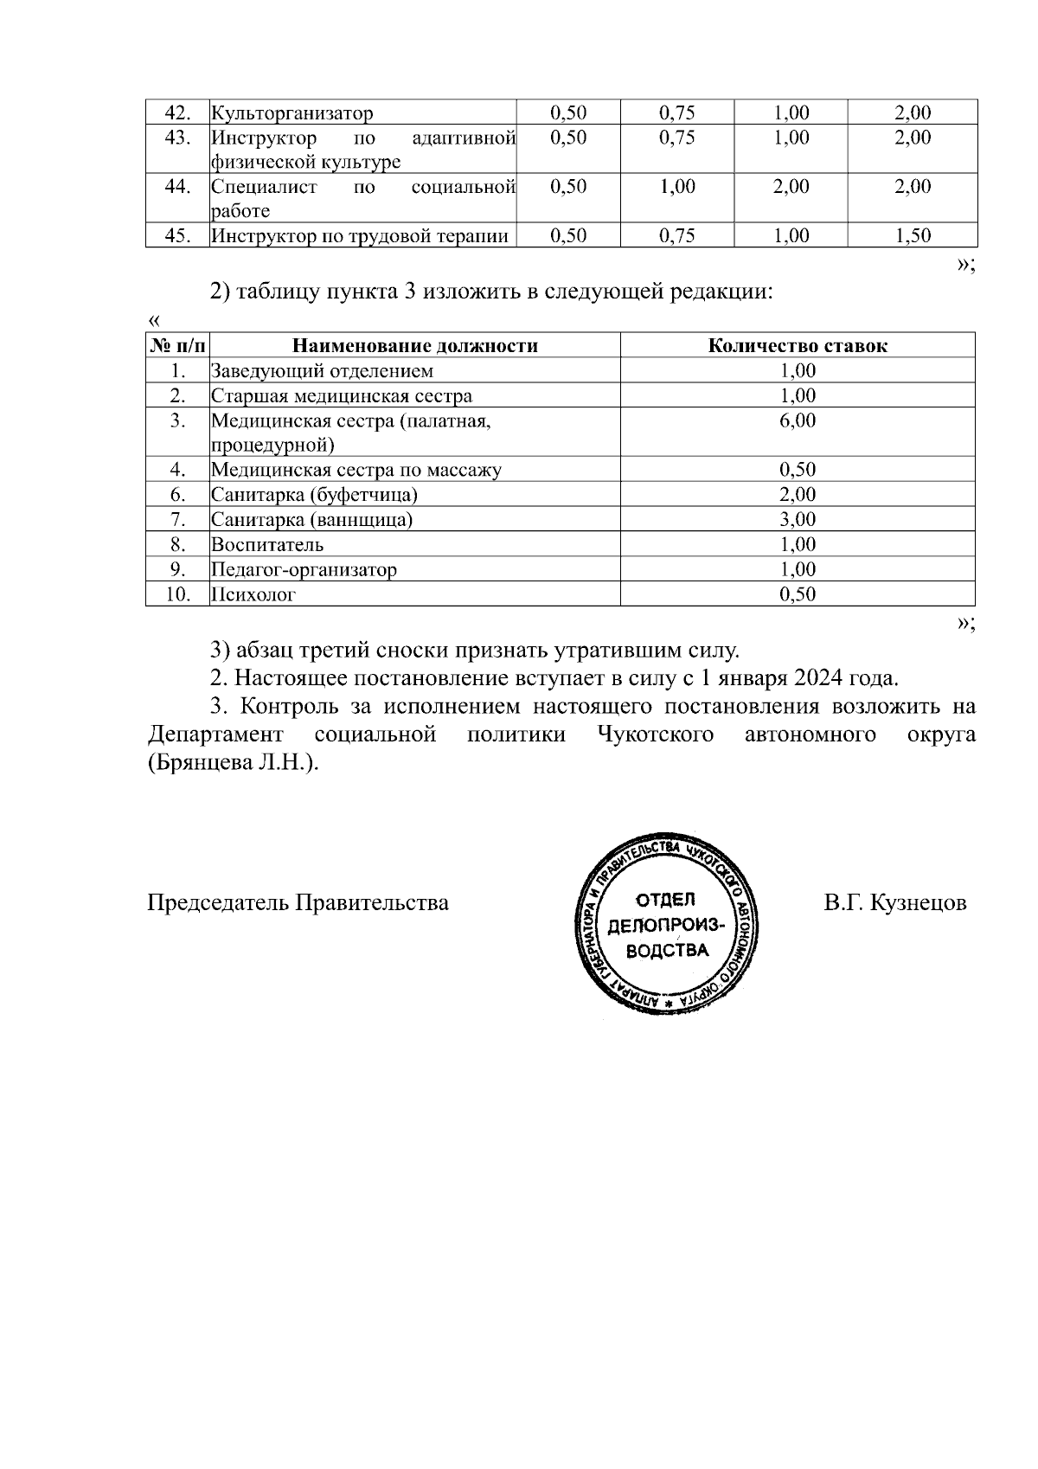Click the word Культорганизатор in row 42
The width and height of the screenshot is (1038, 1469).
coord(292,112)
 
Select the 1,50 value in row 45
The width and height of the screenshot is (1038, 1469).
coord(913,235)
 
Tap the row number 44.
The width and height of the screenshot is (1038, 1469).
coord(177,187)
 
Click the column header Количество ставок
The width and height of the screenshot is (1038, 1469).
coord(798,346)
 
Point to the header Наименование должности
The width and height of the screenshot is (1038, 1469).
coord(415,346)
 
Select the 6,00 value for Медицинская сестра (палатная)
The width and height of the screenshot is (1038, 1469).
coord(798,420)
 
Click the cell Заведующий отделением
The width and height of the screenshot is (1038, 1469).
coord(323,371)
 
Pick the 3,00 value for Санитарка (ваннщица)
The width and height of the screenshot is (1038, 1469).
coord(798,520)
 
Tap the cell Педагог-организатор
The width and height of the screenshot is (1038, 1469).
coord(304,570)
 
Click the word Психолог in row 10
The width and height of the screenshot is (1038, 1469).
coord(253,595)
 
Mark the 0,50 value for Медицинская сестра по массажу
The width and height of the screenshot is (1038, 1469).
coord(798,471)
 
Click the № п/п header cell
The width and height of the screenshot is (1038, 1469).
coord(177,346)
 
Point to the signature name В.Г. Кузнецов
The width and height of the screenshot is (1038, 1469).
coord(894,903)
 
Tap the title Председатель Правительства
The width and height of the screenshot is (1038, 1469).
coord(298,903)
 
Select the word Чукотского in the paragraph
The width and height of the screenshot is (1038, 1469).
coord(655,735)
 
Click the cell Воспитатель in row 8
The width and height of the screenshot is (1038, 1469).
coord(267,545)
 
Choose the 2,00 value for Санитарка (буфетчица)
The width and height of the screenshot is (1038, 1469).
coord(798,495)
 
